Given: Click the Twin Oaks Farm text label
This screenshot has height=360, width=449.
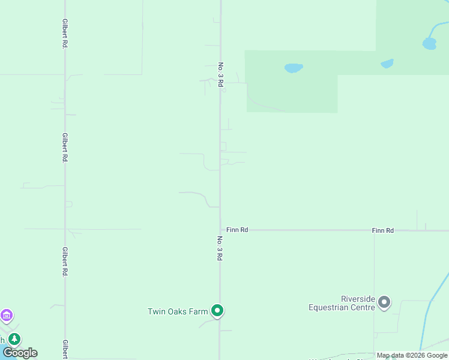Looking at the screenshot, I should pos(178,311).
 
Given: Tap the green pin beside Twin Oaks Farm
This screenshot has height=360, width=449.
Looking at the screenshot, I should pos(218,310).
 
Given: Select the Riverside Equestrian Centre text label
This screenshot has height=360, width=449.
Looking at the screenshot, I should pos(342,303).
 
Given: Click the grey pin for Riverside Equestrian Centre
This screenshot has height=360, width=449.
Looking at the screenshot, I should pos(384,302).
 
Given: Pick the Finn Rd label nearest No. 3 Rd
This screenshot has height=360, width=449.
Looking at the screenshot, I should pos(237,230).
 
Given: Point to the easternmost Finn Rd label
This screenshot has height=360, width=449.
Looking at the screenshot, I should pos(382,230).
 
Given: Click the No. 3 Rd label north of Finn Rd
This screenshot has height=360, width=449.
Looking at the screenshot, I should pos(220,75).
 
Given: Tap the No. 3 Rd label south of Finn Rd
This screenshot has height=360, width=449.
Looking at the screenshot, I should pos(220,247).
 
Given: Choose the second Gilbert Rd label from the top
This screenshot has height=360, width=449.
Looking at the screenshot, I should pos(64,148).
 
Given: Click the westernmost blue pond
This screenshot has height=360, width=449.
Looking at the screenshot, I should pos(293,68).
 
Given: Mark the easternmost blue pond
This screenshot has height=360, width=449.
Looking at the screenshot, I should pos(429,43).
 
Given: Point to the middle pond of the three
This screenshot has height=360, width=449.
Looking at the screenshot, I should pos(387,63).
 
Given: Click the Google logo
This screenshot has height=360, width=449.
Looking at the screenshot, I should pos(20,353).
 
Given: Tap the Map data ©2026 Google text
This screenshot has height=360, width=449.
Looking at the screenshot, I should pos(412,356).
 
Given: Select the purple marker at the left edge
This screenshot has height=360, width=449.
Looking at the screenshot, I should pos(7,314).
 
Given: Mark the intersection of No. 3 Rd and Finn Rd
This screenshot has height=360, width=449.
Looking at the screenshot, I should pos(220,230).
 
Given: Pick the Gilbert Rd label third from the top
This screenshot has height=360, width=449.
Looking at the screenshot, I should pos(64,261).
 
